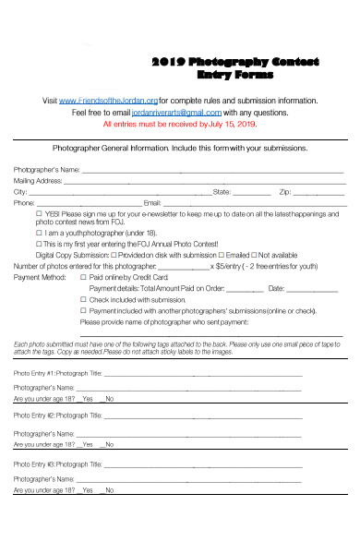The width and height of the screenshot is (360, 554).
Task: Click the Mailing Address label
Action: pos(38,181)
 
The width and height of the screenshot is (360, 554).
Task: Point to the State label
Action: pos(222,192)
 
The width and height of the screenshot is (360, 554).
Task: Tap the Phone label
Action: pos(24,203)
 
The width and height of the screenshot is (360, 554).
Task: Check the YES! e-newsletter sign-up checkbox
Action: pos(39,213)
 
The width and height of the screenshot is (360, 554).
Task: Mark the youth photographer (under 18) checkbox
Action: pos(39,234)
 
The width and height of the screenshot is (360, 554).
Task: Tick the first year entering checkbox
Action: pos(39,244)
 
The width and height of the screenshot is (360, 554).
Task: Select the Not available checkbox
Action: pos(254,255)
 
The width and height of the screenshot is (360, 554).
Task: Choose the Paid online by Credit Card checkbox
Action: pos(83,277)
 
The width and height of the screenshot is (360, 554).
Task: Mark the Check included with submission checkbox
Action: pos(83,299)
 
